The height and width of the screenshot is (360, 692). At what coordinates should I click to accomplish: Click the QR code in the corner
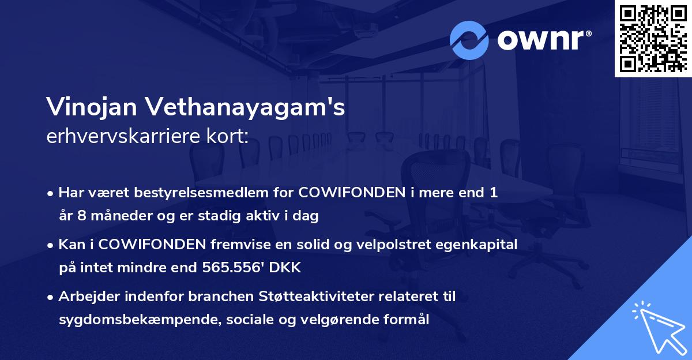tap(653, 39)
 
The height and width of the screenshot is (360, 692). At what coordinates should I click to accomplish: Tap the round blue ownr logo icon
tap(469, 40)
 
